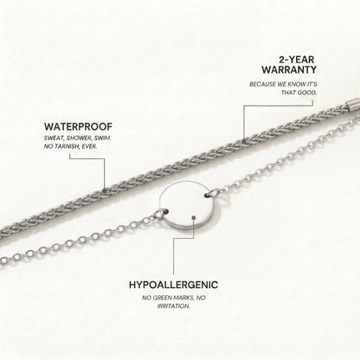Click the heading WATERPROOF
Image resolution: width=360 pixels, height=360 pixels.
tap(78, 126)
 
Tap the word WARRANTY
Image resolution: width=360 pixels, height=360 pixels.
tap(289, 70)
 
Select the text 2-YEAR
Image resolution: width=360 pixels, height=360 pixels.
tap(297, 60)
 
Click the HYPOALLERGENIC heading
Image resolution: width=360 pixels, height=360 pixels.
tap(173, 285)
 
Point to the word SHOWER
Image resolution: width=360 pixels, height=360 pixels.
tap(79, 138)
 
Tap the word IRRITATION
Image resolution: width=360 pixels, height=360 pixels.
tap(173, 306)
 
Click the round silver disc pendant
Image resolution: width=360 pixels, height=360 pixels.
tap(190, 205)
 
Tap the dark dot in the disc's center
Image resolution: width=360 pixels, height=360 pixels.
tap(194, 217)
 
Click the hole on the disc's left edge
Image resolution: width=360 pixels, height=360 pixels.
tap(166, 212)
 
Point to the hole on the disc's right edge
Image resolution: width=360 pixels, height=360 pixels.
tap(208, 196)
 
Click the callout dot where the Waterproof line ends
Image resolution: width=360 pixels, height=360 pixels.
tap(105, 190)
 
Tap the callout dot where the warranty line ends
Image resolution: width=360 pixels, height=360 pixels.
tap(244, 142)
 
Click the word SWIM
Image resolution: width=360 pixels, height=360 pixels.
tap(102, 138)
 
